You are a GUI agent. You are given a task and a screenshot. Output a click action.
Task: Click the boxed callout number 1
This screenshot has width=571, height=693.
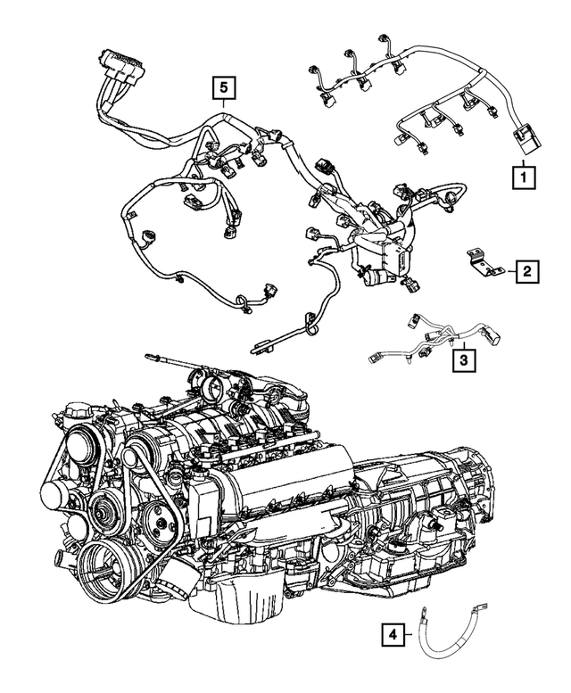tap(524, 176)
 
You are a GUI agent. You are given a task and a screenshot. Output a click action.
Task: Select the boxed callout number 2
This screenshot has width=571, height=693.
tap(526, 270)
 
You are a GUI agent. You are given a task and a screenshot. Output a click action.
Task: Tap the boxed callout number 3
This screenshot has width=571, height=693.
tap(462, 360)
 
